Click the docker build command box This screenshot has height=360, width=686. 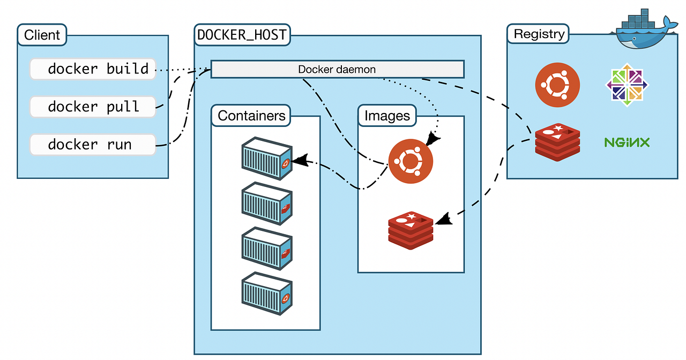point(93,69)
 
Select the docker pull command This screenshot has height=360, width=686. point(93,107)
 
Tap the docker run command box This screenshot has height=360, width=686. point(93,145)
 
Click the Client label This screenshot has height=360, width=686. point(42,35)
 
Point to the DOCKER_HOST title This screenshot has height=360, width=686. point(242,35)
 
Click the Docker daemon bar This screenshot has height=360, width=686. point(337,69)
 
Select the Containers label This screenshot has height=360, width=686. point(251,116)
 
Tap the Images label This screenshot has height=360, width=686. point(387,116)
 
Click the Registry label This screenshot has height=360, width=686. point(539,34)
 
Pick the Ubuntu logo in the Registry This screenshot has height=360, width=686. point(557,85)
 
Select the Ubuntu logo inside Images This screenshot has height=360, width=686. point(411,161)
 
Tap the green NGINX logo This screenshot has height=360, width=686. point(627,142)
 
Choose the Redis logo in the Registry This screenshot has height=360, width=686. point(557,141)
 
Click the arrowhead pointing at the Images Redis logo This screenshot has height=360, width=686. point(444,219)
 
